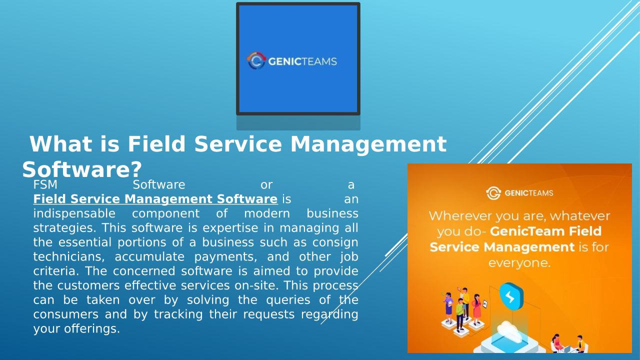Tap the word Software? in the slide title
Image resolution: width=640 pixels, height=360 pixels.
(82, 169)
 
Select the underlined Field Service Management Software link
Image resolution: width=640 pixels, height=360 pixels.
(155, 199)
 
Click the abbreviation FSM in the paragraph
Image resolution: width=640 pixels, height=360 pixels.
(45, 185)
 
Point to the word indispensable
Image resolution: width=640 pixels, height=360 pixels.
(74, 213)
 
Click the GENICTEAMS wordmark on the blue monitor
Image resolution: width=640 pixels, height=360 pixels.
(302, 61)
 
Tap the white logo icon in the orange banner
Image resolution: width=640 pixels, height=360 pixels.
(493, 193)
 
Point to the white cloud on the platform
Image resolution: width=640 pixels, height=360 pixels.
(510, 331)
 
